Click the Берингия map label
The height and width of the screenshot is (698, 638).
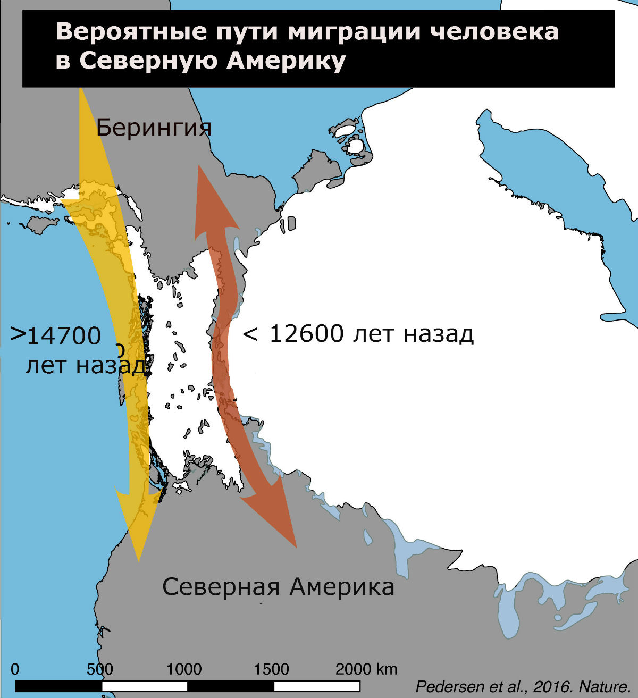tap(154, 128)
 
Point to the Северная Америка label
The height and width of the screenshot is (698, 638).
tap(278, 587)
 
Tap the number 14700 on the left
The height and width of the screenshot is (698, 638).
tap(64, 337)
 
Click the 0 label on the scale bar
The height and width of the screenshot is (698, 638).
tap(15, 669)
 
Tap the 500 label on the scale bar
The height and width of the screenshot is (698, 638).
tap(100, 669)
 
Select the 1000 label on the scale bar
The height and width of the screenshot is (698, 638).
tap(184, 669)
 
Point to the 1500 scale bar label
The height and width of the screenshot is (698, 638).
tap(271, 669)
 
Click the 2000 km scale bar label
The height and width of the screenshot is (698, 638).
tap(366, 669)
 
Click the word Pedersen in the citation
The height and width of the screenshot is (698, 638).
tap(442, 686)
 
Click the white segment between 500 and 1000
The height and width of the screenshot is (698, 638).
tap(145, 686)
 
